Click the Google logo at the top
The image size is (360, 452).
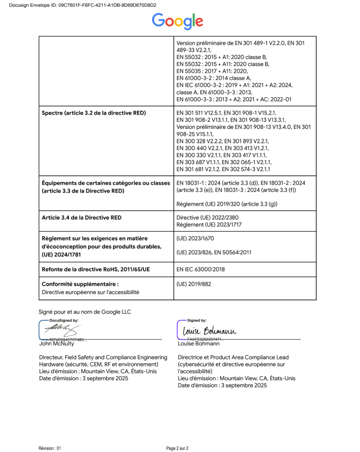click(x=177, y=21)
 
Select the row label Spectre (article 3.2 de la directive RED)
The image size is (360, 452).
click(x=94, y=113)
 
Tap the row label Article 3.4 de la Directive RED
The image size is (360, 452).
click(x=82, y=218)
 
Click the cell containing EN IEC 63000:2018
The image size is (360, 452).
click(x=201, y=270)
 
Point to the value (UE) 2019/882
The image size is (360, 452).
click(x=194, y=284)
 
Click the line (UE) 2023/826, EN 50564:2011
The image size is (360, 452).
click(x=214, y=252)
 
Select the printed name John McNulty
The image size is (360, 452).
click(x=57, y=344)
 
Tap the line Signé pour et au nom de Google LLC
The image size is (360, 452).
click(x=85, y=311)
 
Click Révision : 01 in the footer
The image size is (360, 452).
click(x=50, y=448)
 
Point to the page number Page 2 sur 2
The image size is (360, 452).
click(x=177, y=448)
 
